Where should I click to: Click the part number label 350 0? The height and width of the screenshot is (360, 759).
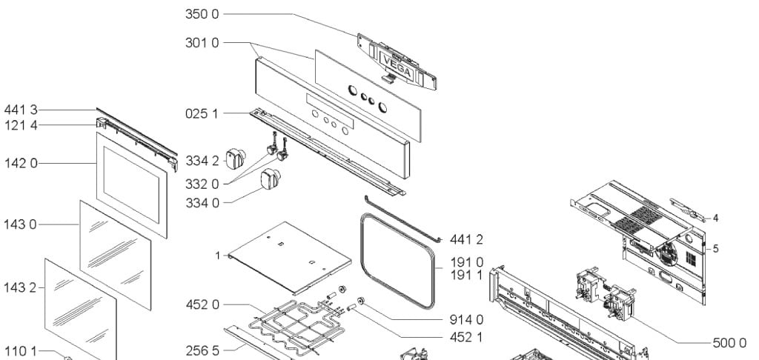[x=202, y=14]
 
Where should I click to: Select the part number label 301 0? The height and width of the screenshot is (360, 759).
[x=202, y=43]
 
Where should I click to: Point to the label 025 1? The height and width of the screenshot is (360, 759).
[x=202, y=114]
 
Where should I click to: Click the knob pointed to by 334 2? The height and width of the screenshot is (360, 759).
[x=236, y=159]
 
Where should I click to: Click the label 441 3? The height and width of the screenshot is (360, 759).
[x=21, y=110]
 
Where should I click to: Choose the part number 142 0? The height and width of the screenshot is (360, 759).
[x=21, y=164]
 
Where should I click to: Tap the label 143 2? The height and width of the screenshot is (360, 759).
[x=20, y=288]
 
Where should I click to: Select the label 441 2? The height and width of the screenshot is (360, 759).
[x=467, y=239]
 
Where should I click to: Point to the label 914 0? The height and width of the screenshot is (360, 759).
[x=467, y=320]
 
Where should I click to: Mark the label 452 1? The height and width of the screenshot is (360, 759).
[x=466, y=337]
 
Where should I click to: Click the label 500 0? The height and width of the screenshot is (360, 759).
[x=729, y=343]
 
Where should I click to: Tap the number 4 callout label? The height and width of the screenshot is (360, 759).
[x=715, y=219]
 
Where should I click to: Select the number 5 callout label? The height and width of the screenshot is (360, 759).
[x=715, y=249]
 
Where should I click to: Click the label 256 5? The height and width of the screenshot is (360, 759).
[x=202, y=351]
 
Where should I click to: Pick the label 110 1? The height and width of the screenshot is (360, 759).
[x=20, y=351]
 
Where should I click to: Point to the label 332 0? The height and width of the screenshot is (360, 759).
[x=202, y=184]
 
